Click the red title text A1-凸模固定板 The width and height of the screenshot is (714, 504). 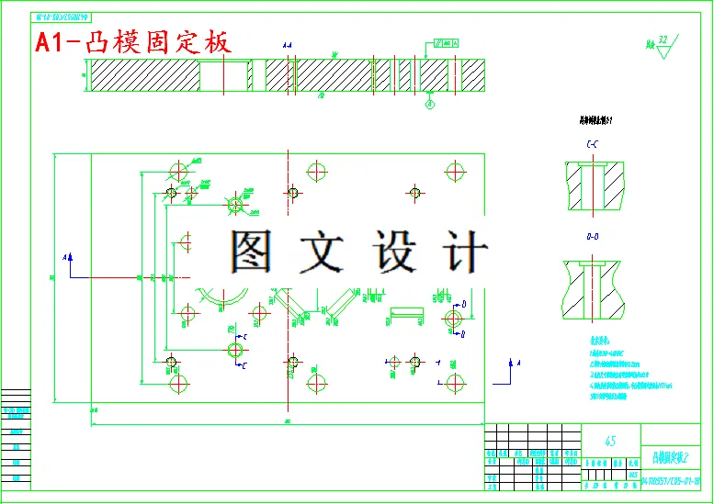[133, 42]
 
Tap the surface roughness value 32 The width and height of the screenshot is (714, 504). [663, 40]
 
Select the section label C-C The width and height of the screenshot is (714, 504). [593, 145]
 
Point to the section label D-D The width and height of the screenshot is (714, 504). [593, 237]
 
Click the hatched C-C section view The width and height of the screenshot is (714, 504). [595, 184]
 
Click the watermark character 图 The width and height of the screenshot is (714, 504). [251, 251]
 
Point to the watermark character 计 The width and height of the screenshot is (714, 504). [463, 251]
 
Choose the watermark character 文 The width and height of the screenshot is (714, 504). [323, 251]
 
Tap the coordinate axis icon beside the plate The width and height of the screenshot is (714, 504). [505, 370]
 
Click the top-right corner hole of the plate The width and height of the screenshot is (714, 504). [455, 171]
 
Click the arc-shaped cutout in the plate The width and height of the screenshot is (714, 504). [221, 299]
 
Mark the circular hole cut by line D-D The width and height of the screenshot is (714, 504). [452, 318]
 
